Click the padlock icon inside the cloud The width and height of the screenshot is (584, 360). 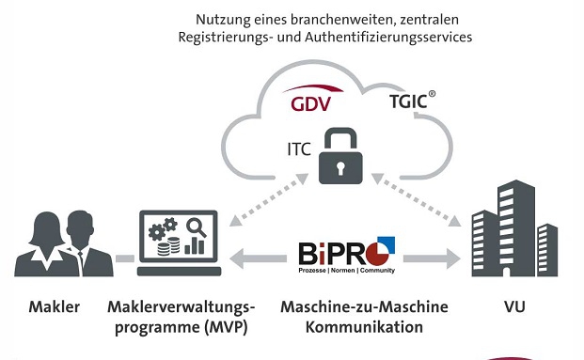(x=340, y=157)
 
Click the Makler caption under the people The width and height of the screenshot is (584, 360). (x=54, y=307)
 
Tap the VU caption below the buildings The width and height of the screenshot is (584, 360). (x=513, y=307)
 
